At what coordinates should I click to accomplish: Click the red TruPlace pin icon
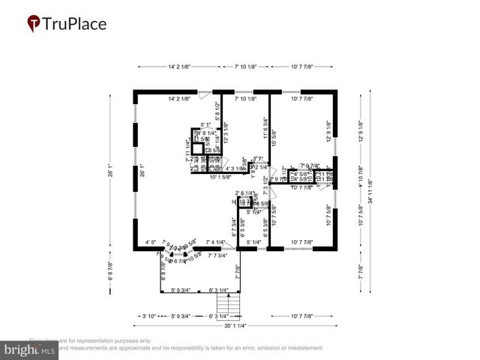point(34,23)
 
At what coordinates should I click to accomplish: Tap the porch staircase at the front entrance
point(227,304)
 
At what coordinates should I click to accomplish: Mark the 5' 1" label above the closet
point(207,125)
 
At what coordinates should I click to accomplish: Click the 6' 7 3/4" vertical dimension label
point(234,226)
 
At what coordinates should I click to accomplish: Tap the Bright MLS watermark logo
point(30,349)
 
